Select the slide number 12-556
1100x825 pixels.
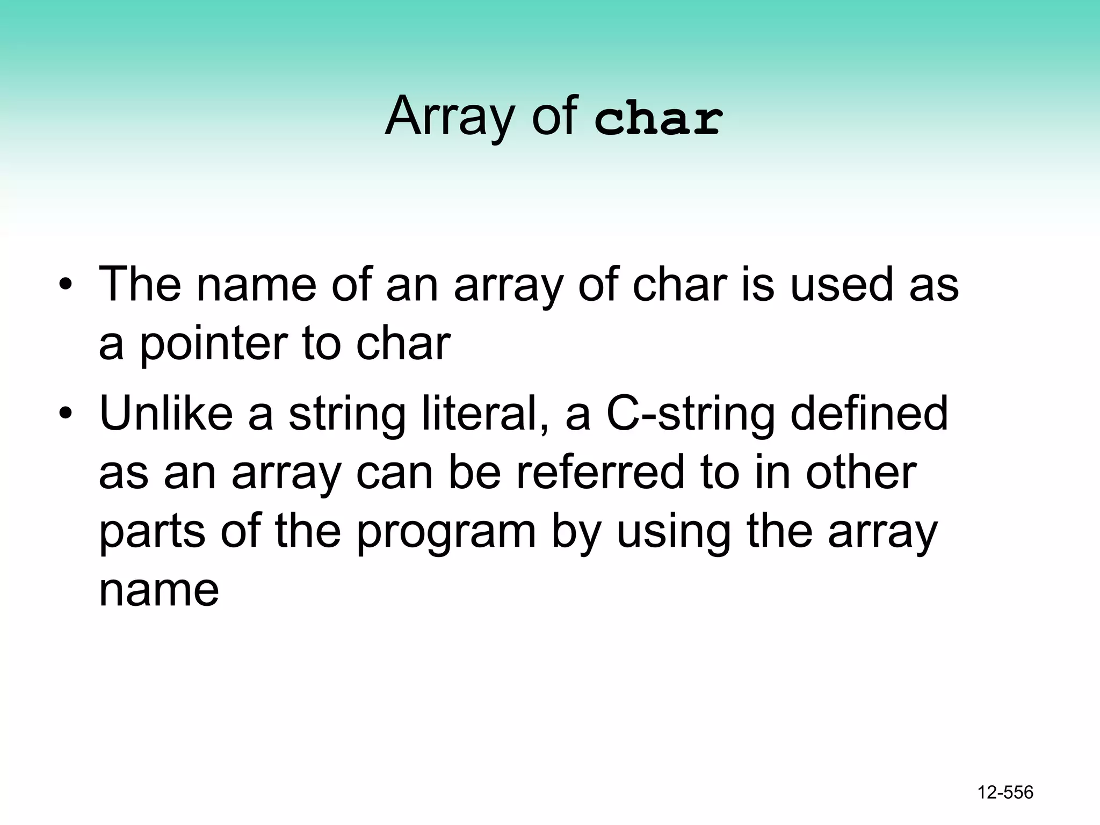(x=1005, y=792)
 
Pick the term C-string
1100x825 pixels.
(x=690, y=415)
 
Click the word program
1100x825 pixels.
(x=446, y=533)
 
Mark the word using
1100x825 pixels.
(x=673, y=533)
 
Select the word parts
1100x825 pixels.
(x=152, y=533)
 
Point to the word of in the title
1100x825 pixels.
(x=554, y=117)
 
